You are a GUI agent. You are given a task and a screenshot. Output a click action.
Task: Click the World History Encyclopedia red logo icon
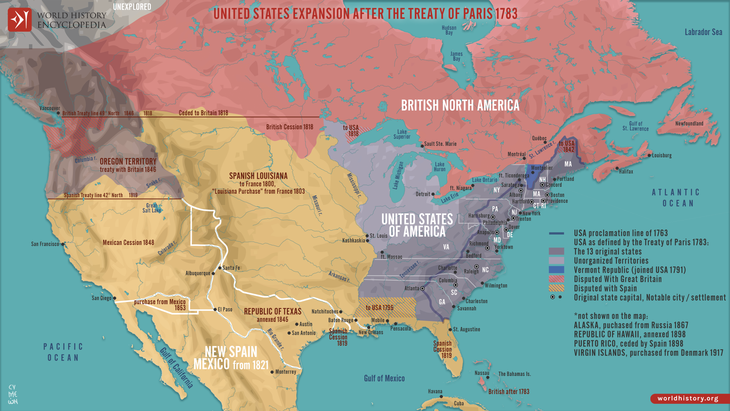tap(19, 19)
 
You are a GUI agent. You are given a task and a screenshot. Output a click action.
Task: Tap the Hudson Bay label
tap(449, 30)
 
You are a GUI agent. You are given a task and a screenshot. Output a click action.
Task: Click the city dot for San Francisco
tap(63, 244)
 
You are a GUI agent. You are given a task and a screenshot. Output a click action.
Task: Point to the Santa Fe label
tap(231, 268)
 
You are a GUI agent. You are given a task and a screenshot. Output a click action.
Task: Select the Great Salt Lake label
tap(152, 208)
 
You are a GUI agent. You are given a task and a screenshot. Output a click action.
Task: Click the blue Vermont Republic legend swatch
tap(556, 270)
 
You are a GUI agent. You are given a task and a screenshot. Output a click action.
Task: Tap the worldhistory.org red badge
tap(688, 398)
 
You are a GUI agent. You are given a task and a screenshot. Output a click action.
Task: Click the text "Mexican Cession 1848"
tap(128, 243)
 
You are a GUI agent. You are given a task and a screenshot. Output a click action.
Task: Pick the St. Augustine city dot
tap(450, 329)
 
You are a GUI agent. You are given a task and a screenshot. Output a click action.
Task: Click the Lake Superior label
tap(402, 134)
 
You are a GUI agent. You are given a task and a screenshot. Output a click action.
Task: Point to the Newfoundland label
tap(689, 124)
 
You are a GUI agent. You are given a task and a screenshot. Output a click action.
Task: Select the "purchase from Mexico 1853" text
tap(160, 305)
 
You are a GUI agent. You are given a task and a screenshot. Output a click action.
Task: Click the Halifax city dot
tap(617, 168)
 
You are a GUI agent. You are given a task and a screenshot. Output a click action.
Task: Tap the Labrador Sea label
tap(703, 32)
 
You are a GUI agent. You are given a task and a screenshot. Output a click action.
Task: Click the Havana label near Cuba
tap(435, 391)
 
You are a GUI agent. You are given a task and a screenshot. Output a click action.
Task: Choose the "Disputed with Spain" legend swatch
tap(556, 288)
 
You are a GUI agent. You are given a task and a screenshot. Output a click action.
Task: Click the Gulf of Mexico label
tap(384, 378)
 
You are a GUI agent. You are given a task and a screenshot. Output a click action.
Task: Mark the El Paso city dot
tap(215, 309)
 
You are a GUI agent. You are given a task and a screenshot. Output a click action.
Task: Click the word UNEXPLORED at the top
tap(132, 7)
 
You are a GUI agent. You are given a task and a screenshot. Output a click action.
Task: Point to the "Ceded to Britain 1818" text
tap(203, 113)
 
